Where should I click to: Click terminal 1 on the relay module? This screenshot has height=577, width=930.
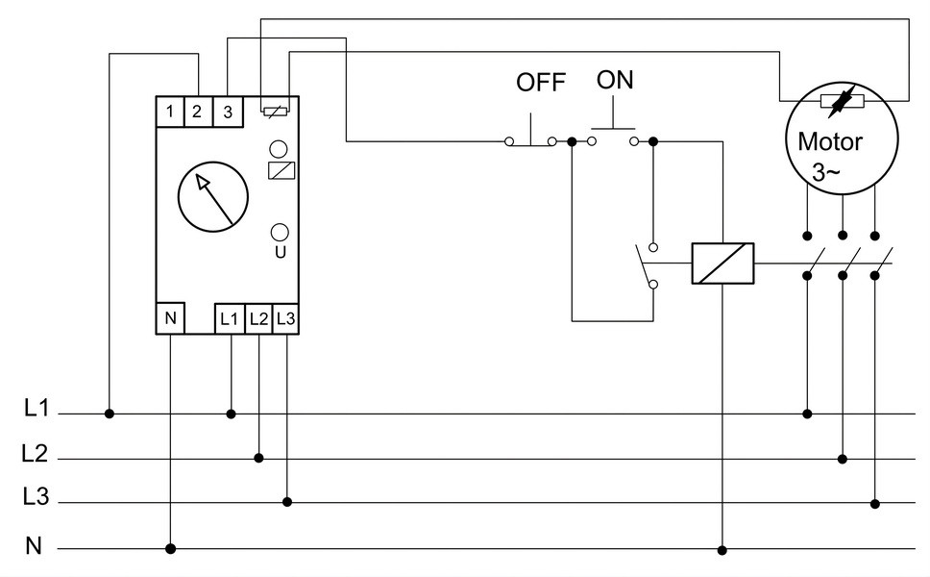coord(170,112)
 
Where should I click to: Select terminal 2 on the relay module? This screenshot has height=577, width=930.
coord(198,112)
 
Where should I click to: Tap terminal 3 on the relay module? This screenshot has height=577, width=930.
coord(228,112)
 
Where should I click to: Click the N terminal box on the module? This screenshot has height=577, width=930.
coord(171,318)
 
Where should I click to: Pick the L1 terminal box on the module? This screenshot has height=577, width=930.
coord(230,319)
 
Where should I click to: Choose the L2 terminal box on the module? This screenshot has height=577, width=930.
coord(258,319)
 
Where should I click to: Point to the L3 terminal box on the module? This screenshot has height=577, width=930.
coord(285,319)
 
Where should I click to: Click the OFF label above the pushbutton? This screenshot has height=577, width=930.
coord(540,83)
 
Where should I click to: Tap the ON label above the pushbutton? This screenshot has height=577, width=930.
coord(615,80)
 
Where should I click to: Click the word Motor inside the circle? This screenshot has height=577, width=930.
coord(830,142)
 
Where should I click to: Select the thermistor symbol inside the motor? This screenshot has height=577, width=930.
coord(843,102)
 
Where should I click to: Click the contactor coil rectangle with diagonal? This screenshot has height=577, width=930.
coord(723,263)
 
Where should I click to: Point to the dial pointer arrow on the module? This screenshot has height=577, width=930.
coord(214,199)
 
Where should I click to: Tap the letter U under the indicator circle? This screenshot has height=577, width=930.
coord(281,252)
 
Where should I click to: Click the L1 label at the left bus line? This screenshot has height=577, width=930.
coord(37,408)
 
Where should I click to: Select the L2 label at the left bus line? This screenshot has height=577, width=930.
coord(35,454)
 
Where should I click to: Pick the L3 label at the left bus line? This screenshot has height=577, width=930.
coord(36,496)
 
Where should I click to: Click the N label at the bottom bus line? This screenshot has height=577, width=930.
coord(34,545)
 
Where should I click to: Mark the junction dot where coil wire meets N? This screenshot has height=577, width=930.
coord(722,550)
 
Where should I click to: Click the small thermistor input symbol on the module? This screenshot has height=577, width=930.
coord(276,110)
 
